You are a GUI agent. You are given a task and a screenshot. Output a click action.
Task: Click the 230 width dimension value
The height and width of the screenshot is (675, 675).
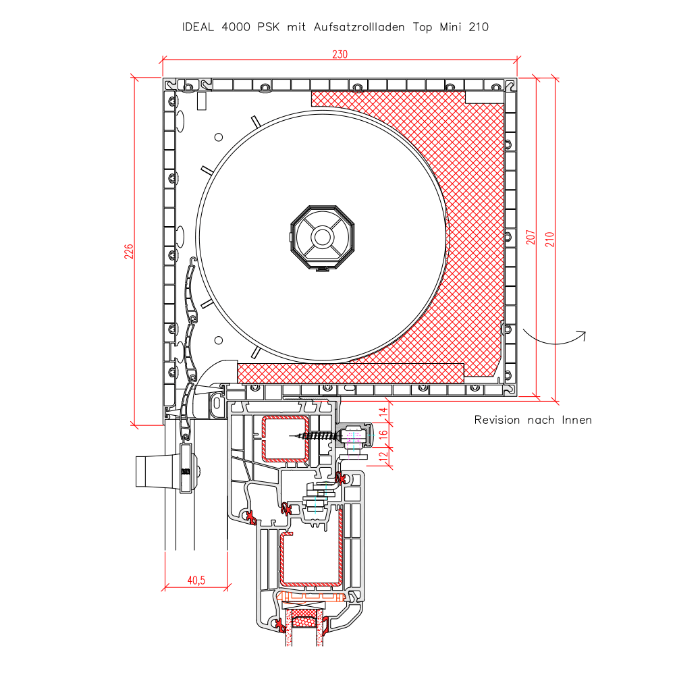click(x=340, y=54)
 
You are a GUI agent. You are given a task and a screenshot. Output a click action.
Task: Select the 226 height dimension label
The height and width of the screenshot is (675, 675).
click(x=129, y=251)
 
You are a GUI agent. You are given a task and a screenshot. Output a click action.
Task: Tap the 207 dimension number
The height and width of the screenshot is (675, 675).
click(x=531, y=237)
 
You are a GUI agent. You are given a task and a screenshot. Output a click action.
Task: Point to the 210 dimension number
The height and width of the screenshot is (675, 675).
click(x=549, y=240)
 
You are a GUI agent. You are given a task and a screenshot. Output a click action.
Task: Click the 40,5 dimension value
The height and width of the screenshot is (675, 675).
click(x=196, y=580)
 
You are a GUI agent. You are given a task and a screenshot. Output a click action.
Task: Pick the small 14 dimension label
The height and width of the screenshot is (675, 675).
click(x=383, y=413)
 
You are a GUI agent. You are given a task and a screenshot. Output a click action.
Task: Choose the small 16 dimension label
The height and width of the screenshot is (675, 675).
click(x=383, y=434)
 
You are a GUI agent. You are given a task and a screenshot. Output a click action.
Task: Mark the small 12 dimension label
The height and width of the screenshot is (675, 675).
click(x=383, y=456)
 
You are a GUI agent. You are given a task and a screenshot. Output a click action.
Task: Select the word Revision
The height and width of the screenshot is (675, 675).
click(x=497, y=420)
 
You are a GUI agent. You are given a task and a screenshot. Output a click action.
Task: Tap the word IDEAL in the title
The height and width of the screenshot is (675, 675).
click(x=198, y=27)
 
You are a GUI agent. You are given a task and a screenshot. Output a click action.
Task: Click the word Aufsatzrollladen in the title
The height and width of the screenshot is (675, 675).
click(x=359, y=27)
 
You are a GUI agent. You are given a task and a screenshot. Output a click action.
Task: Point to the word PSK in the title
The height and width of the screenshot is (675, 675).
click(x=268, y=27)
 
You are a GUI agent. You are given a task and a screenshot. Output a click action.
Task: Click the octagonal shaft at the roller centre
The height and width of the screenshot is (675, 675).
click(x=323, y=237)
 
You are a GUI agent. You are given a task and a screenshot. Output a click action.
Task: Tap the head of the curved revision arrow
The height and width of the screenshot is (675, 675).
click(x=583, y=335)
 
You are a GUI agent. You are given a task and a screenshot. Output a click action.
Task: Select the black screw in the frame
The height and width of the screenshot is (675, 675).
click(x=315, y=436)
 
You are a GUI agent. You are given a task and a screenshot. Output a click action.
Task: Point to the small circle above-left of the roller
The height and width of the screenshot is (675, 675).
click(x=219, y=137)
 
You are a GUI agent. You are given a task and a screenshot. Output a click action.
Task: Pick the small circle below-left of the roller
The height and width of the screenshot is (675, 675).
click(x=219, y=340)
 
